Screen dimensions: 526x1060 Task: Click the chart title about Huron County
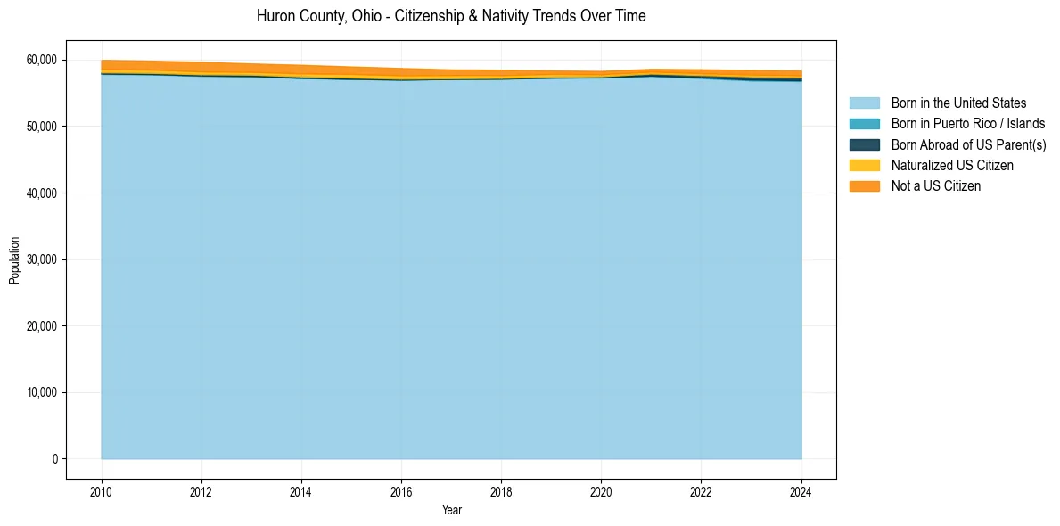pos(451,16)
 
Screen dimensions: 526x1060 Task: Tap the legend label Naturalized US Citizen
pos(952,166)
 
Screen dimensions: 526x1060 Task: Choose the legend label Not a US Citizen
pos(935,186)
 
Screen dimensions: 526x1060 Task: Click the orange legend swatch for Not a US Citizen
pos(864,186)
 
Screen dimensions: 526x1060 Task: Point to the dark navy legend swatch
pos(864,144)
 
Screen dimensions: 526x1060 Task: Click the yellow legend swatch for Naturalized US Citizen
pos(864,166)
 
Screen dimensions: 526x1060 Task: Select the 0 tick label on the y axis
pos(54,459)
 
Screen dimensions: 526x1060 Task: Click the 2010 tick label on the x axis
pos(102,491)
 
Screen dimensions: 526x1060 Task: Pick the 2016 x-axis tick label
pos(401,491)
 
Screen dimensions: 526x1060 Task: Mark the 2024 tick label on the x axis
pos(801,491)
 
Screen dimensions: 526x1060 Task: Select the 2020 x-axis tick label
pos(601,491)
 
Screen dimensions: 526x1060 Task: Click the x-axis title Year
pos(451,510)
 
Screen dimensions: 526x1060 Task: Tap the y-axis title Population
pos(14,259)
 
